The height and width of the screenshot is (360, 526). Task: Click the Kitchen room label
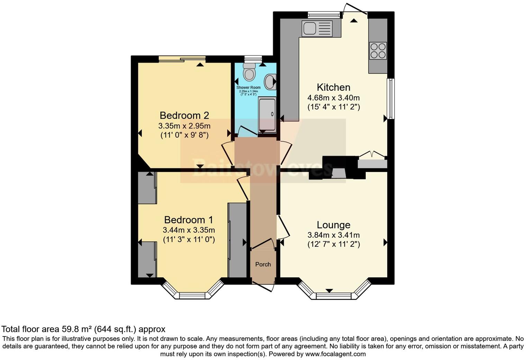point(334,87)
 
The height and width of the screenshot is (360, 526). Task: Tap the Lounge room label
point(334,225)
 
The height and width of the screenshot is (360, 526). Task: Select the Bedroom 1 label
point(189,220)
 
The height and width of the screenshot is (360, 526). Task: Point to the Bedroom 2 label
point(184,115)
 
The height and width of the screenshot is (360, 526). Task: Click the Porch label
point(263,264)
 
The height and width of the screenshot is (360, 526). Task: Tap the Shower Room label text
point(248,88)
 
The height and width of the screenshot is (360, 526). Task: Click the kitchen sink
point(317,28)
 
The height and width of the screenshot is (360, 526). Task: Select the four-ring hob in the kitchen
point(378,51)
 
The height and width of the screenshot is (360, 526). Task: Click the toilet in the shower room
point(249,72)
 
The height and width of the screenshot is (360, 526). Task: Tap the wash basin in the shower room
point(270,82)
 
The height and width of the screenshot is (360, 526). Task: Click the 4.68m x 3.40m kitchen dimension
point(334,98)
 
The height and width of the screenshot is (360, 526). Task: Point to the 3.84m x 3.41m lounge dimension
point(334,235)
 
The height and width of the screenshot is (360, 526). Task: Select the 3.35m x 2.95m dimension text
point(184,126)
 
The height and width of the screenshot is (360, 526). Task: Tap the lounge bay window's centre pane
point(334,296)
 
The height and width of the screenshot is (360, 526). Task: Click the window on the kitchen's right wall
point(391,99)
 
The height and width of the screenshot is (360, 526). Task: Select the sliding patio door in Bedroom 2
point(182,58)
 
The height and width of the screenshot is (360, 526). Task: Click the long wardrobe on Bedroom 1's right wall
point(237,240)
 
